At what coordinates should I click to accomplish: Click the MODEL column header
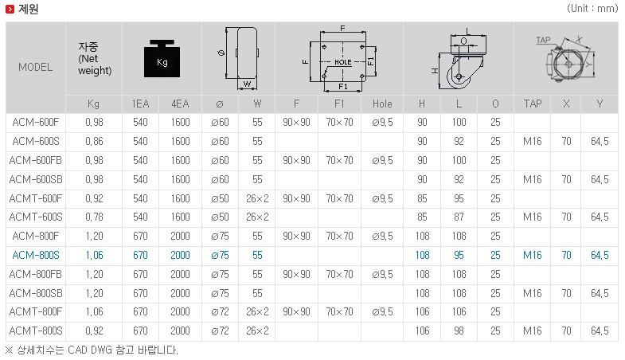click(x=36, y=67)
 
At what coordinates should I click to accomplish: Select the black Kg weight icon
click(x=162, y=59)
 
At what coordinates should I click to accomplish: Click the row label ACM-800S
click(x=36, y=255)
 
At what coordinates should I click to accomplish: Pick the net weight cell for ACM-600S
click(x=94, y=141)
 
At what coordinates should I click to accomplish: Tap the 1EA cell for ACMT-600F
click(x=140, y=198)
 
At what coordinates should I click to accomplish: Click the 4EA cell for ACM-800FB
click(x=180, y=274)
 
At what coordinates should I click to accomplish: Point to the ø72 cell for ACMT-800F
click(x=220, y=311)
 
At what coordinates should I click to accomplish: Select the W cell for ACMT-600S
click(x=257, y=217)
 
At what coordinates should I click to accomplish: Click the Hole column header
click(x=382, y=104)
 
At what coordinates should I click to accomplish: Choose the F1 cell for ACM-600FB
click(x=340, y=160)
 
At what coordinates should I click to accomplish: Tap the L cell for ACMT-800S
click(x=459, y=331)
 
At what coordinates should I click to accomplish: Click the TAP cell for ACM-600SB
click(x=533, y=179)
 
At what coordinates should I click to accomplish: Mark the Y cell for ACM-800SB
click(x=600, y=293)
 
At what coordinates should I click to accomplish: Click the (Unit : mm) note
click(x=592, y=9)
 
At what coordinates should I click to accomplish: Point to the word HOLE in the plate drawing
click(x=343, y=62)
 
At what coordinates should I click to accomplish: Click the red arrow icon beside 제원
click(x=10, y=9)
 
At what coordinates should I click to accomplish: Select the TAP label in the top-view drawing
click(x=543, y=40)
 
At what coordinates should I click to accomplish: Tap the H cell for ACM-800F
click(x=423, y=236)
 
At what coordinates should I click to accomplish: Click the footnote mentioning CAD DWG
click(x=92, y=350)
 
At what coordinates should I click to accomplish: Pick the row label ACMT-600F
click(x=36, y=198)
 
